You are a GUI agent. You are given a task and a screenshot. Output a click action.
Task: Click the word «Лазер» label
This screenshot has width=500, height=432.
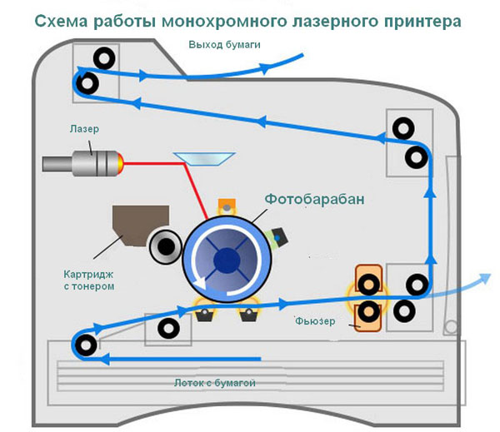pyautogui.click(x=84, y=129)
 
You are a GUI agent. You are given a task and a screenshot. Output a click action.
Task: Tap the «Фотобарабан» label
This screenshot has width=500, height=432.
pyautogui.click(x=314, y=199)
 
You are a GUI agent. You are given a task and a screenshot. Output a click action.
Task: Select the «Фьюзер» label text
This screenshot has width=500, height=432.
pyautogui.click(x=315, y=320)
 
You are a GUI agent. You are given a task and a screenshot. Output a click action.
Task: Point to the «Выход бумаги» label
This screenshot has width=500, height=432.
pyautogui.click(x=224, y=45)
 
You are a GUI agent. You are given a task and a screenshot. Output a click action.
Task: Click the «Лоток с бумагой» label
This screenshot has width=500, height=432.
pyautogui.click(x=215, y=383)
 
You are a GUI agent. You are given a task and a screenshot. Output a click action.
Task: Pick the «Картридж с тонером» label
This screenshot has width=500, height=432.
pyautogui.click(x=88, y=280)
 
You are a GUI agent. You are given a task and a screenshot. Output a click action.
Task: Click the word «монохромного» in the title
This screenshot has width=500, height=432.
pyautogui.click(x=220, y=22)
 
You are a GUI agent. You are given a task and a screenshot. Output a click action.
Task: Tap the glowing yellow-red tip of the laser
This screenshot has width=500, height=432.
pyautogui.click(x=120, y=163)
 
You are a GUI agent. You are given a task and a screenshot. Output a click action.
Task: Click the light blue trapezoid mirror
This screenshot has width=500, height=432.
pyautogui.click(x=204, y=159)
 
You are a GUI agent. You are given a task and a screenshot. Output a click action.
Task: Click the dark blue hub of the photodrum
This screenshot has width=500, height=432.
pyautogui.click(x=227, y=261)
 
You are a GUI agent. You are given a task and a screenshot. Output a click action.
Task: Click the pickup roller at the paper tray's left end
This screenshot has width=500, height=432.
pyautogui.click(x=86, y=345)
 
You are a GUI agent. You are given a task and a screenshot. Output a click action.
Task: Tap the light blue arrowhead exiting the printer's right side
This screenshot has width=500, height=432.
pyautogui.click(x=485, y=278)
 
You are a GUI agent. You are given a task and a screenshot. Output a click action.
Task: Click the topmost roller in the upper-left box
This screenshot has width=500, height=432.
pyautogui.click(x=104, y=58)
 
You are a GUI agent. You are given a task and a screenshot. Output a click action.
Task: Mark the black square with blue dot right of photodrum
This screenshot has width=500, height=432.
pyautogui.click(x=279, y=237)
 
